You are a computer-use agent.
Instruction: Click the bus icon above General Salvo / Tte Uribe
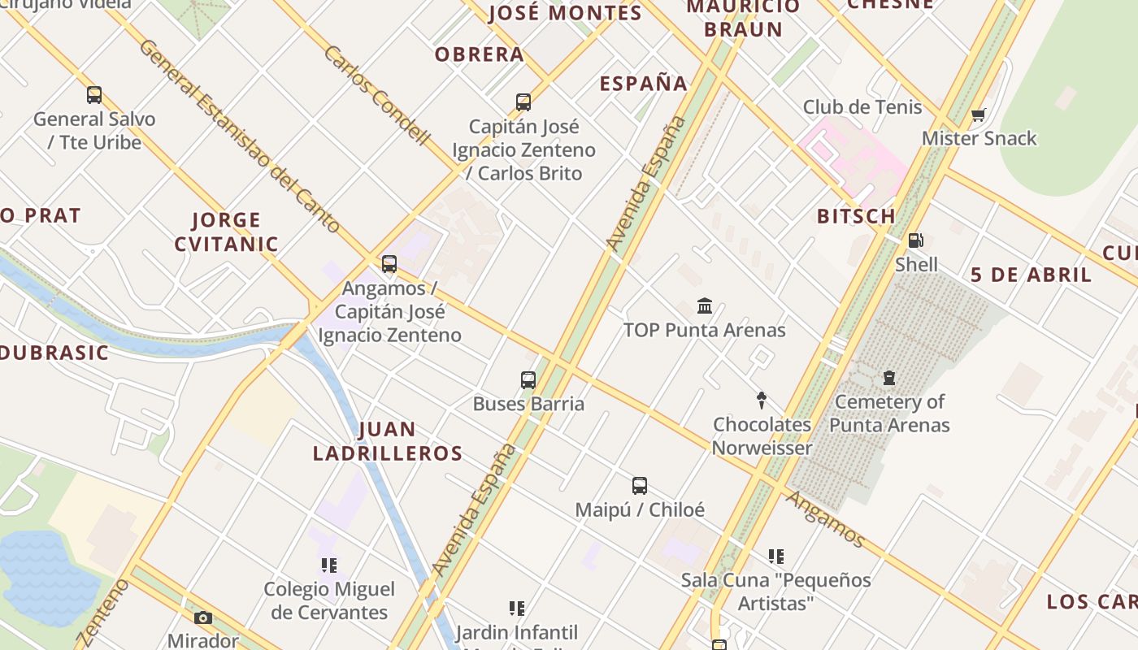(x=94, y=95)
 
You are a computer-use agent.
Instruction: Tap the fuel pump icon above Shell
(x=916, y=240)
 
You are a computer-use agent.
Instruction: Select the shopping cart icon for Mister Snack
(x=979, y=115)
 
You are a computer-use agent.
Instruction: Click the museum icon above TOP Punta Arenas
(x=705, y=306)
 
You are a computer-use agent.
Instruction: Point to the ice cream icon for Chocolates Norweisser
(x=762, y=401)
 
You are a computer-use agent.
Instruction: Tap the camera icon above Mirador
(x=203, y=618)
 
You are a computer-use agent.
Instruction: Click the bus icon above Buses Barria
(x=528, y=379)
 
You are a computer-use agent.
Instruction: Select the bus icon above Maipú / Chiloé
(x=640, y=486)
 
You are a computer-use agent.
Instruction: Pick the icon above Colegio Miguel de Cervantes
(x=329, y=565)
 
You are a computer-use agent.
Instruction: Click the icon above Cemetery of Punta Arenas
(x=889, y=378)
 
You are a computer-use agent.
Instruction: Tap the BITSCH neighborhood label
(x=856, y=216)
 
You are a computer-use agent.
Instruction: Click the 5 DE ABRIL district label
(x=1031, y=275)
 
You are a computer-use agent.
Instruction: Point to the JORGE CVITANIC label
(x=226, y=232)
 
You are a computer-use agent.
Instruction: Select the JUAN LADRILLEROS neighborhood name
(x=388, y=441)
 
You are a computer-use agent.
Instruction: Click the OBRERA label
(x=479, y=54)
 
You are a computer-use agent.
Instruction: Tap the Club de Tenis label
(x=862, y=107)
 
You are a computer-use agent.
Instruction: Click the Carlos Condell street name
(x=376, y=95)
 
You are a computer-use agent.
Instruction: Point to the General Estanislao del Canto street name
(x=239, y=136)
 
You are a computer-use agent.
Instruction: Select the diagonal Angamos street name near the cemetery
(x=825, y=518)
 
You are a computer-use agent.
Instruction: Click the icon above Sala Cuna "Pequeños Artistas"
(x=776, y=557)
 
